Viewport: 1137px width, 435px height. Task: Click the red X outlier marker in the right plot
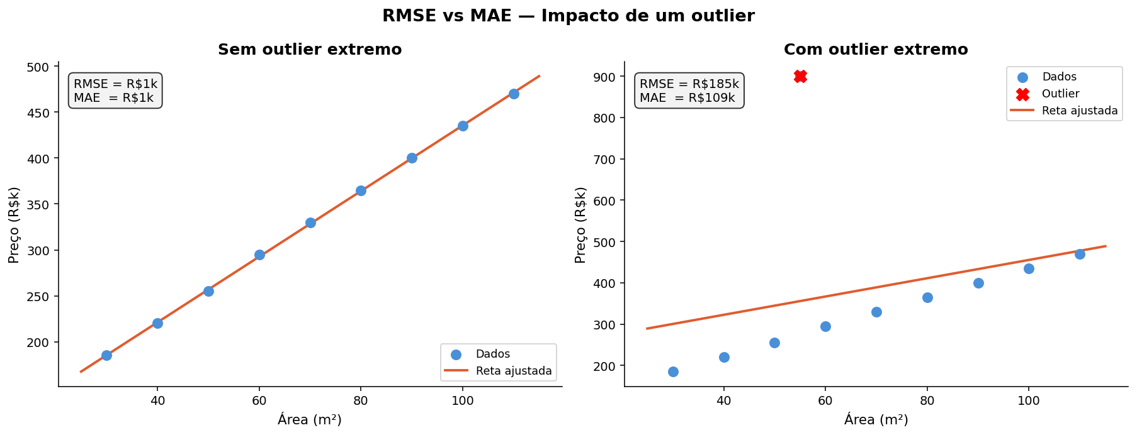[800, 77]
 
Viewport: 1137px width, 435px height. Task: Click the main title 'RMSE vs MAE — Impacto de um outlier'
[568, 16]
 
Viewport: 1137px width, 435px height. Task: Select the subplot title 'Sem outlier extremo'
[310, 50]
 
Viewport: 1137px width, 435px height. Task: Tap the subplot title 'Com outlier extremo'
[875, 50]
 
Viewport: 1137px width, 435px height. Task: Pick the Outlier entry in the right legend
[1060, 94]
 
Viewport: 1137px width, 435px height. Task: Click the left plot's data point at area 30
[106, 355]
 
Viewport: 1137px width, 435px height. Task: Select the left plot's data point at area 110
[514, 94]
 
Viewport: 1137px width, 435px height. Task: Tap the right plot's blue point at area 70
[876, 312]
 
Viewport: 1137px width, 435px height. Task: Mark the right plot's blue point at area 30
[673, 372]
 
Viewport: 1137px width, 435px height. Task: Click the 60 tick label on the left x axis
[259, 400]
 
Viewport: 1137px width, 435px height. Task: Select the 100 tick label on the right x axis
[1029, 400]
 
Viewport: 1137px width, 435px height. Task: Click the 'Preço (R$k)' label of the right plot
[580, 224]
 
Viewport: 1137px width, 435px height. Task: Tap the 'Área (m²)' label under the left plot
[310, 419]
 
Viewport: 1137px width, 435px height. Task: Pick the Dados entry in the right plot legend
[1059, 77]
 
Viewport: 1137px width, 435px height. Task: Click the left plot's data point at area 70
[310, 223]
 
